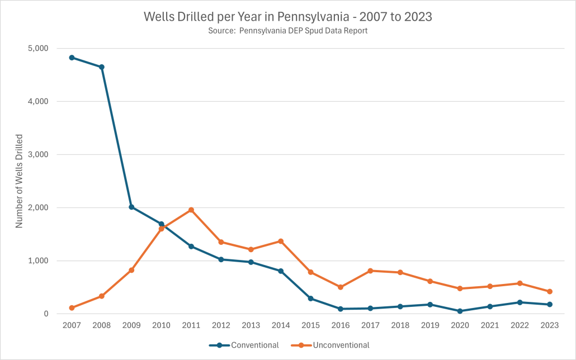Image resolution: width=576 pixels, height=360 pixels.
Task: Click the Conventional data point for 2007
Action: pyautogui.click(x=72, y=58)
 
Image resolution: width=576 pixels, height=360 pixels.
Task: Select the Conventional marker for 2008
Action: pyautogui.click(x=102, y=67)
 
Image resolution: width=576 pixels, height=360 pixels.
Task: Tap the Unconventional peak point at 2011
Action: pyautogui.click(x=191, y=210)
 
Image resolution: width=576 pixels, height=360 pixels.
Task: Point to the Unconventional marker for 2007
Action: pyautogui.click(x=72, y=307)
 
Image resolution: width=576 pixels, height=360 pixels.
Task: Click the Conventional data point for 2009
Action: pyautogui.click(x=131, y=207)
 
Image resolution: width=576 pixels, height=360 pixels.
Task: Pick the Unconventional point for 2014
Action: pyautogui.click(x=281, y=241)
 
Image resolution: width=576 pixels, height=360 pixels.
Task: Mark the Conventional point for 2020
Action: pyautogui.click(x=460, y=311)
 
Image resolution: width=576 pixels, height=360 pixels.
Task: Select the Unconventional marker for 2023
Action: pyautogui.click(x=550, y=291)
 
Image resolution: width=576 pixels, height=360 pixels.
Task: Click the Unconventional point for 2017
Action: pyautogui.click(x=370, y=271)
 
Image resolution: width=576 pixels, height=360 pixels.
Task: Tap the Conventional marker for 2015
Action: pyautogui.click(x=310, y=299)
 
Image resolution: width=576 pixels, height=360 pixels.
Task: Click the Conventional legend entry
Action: pyautogui.click(x=244, y=345)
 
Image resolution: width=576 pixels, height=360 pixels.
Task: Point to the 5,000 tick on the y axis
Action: pyautogui.click(x=38, y=49)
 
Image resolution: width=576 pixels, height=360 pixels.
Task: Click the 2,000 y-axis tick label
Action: pyautogui.click(x=38, y=208)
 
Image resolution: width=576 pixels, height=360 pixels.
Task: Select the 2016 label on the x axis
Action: pyautogui.click(x=340, y=325)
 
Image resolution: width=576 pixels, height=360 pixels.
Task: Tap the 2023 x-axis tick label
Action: pyautogui.click(x=549, y=325)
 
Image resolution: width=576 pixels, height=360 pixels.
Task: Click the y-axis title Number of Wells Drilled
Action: pyautogui.click(x=19, y=181)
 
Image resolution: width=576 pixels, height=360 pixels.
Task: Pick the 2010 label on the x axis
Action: pyautogui.click(x=161, y=325)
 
